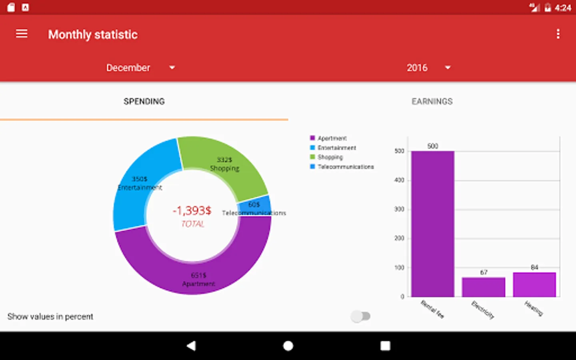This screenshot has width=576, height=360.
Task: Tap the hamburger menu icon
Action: pos(22,34)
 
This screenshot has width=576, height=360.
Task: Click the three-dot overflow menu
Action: pos(558,34)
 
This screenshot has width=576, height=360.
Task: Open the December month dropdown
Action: pos(140,68)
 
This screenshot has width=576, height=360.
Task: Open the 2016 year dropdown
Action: pos(428,68)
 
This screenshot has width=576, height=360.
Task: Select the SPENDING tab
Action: pos(144,102)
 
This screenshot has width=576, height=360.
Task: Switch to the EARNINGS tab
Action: pos(432,102)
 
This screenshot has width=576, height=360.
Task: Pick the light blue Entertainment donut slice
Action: pos(136,188)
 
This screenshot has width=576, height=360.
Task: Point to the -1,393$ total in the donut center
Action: pos(192,211)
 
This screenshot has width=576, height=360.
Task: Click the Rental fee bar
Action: pos(433,224)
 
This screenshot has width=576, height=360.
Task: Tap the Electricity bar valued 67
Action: pos(484,287)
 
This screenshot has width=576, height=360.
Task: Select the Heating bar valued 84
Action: pos(534,284)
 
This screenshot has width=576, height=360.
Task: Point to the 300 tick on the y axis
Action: pos(399,209)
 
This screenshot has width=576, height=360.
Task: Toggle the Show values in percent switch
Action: pos(361,316)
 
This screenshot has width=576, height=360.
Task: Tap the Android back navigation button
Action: pos(191,346)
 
